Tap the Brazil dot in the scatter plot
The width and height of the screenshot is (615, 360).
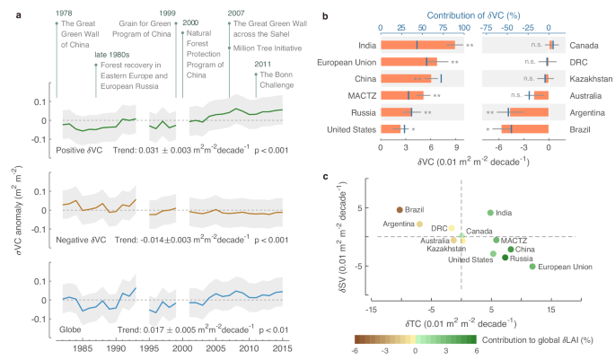click(x=400, y=209)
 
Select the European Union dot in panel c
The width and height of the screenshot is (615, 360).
click(x=532, y=267)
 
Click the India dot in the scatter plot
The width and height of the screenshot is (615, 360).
click(x=490, y=213)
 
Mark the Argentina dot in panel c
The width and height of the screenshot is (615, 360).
click(x=419, y=224)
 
